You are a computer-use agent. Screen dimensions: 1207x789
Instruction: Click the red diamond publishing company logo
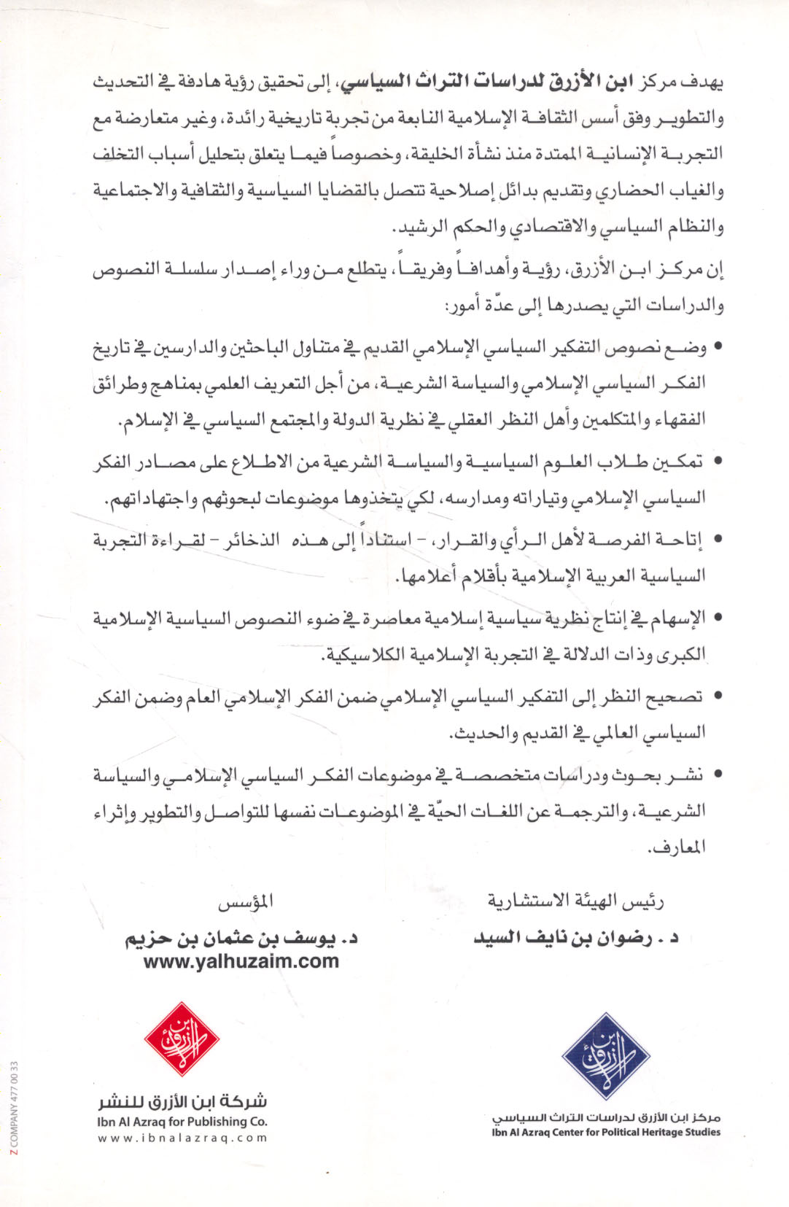(182, 1039)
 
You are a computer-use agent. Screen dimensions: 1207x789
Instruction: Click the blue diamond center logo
(606, 1055)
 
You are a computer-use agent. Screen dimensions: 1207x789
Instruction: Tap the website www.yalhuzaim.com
(241, 961)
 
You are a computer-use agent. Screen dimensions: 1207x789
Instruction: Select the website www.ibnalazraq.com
(182, 1138)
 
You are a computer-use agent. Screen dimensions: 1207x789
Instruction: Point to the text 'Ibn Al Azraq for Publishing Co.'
(182, 1122)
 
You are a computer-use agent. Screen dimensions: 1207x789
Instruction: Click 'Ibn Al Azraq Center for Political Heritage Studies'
(606, 1133)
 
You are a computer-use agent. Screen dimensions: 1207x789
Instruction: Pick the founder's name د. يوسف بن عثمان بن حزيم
(241, 938)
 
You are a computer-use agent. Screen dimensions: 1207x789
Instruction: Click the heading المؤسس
(246, 902)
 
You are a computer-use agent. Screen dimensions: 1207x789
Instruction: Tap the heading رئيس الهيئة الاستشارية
(576, 902)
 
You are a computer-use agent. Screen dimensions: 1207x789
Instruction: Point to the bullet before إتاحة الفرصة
(718, 540)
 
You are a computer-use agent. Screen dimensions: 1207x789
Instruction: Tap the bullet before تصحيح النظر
(718, 696)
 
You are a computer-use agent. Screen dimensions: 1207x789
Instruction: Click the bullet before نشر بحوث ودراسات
(718, 775)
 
